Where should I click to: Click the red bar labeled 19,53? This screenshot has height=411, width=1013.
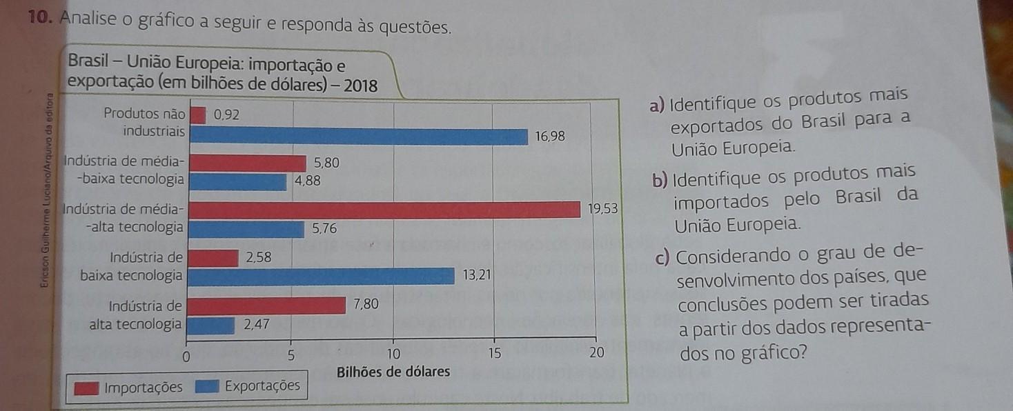(x=384, y=210)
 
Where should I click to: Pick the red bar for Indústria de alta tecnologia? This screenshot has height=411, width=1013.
(x=267, y=305)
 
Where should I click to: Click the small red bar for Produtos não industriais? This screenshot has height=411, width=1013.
(x=197, y=115)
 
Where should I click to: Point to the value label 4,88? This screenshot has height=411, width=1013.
(x=306, y=182)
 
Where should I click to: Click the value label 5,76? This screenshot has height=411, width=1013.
(x=324, y=229)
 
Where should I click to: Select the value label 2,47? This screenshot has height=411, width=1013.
(x=257, y=323)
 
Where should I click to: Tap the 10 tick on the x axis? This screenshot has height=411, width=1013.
(x=393, y=354)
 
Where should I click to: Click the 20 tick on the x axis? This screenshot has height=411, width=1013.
(x=596, y=354)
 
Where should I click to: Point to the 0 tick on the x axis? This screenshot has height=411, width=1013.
(x=185, y=357)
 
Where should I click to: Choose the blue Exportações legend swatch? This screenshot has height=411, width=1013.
(x=207, y=387)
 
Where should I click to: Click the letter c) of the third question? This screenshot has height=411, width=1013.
(x=664, y=259)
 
